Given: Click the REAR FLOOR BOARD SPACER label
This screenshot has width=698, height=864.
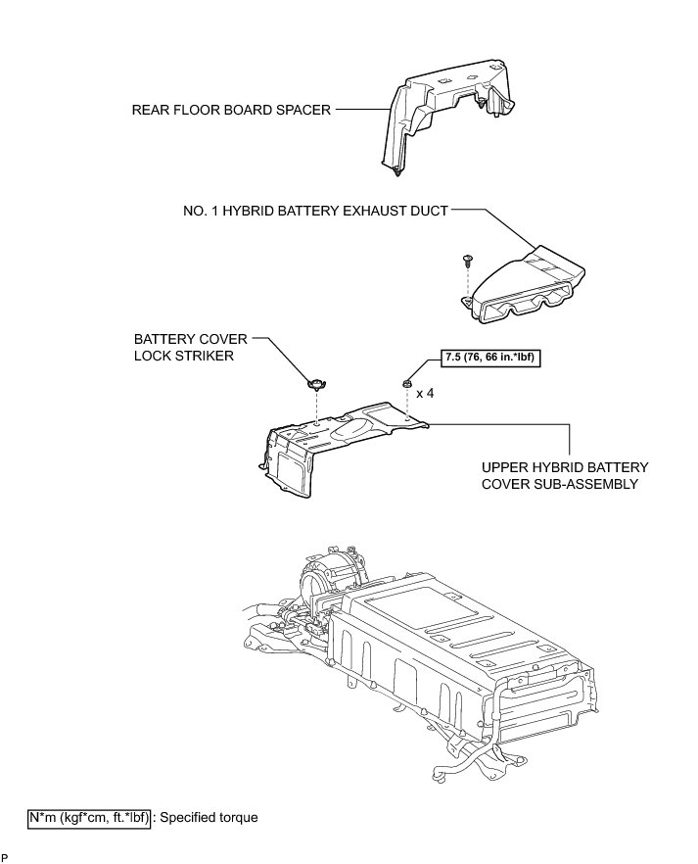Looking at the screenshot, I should (232, 111).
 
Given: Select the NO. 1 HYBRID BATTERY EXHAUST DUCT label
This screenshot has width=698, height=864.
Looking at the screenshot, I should (315, 211).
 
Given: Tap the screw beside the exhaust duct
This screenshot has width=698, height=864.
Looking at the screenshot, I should (468, 262).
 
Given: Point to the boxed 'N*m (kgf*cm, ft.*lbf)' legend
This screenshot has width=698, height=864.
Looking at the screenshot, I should (89, 817).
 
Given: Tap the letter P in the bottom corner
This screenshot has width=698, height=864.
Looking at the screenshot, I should (5, 858).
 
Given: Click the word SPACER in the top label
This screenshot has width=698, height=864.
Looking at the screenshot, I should (302, 111).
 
